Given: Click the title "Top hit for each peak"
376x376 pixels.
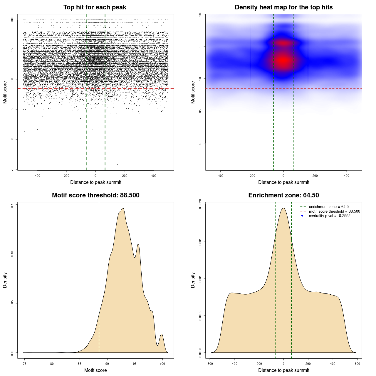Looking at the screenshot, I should coord(95,7).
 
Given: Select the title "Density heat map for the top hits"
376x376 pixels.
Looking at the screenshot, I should coord(283,7).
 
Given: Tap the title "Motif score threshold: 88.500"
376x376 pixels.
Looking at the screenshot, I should coord(95,195).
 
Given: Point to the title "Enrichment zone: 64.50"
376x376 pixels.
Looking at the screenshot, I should coord(283,195).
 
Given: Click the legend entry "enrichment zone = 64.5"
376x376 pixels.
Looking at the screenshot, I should coord(329,207).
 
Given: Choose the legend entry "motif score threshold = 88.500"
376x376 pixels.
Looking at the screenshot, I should coord(334,211).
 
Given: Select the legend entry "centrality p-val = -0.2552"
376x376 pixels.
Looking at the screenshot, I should coord(330,216).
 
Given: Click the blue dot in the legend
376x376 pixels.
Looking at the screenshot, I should coord(302,216).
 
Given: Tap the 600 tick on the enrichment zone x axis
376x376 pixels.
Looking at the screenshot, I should coord(357,364).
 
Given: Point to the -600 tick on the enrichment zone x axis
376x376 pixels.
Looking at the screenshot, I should coord(210,364).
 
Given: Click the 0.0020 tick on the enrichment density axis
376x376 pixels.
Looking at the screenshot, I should coord(200,204).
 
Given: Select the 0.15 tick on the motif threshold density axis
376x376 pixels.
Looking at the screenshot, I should coord(12,204).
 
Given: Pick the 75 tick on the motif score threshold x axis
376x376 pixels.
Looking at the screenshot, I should coord(25,364).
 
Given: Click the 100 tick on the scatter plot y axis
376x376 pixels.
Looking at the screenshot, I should coord(12,20).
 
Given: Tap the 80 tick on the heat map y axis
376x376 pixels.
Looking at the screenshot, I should coord(200,143).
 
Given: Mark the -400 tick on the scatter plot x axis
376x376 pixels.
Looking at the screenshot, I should coord(37,176).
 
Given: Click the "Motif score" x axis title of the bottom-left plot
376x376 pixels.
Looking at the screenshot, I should coord(95,370).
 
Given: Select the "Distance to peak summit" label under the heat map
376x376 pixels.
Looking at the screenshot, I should coord(283,182).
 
